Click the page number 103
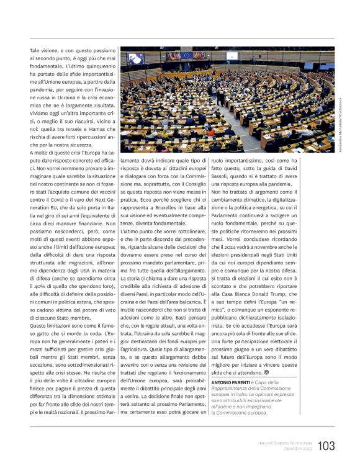[326, 446]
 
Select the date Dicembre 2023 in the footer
[297, 448]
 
